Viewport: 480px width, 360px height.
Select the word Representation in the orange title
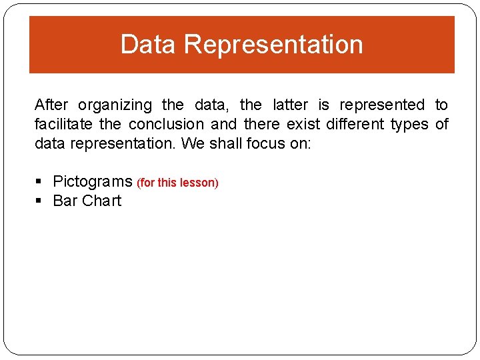point(273,45)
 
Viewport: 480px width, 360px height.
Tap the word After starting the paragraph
point(51,105)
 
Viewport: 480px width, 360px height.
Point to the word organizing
point(115,105)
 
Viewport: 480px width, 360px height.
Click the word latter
point(291,105)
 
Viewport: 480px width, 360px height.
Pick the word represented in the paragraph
point(382,105)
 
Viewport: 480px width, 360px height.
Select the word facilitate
point(64,124)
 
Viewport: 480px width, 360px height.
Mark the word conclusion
point(166,124)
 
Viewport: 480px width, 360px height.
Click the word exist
point(305,124)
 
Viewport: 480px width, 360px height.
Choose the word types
point(410,124)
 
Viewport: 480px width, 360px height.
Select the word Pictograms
point(93,181)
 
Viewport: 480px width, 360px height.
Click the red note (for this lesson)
point(177,183)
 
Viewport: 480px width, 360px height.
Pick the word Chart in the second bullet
point(102,201)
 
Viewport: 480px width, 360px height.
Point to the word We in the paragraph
point(193,143)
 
